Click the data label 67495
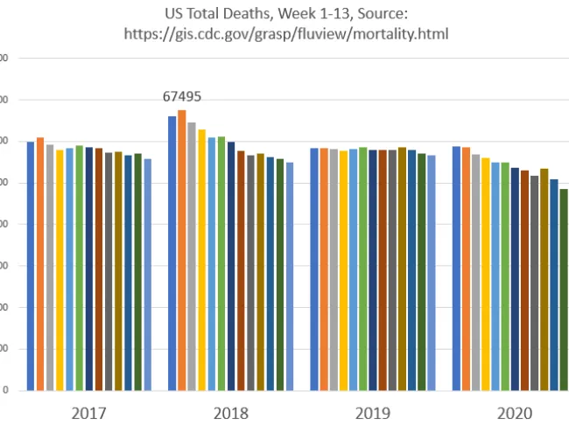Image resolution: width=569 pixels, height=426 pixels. (x=182, y=97)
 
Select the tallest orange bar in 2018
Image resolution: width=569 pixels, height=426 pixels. (x=182, y=249)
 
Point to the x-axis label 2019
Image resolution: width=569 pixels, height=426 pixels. (x=372, y=411)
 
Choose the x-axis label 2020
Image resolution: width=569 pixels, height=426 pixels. (x=513, y=411)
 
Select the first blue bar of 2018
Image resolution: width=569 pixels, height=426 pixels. (x=172, y=253)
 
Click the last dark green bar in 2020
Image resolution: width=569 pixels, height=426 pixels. (x=564, y=290)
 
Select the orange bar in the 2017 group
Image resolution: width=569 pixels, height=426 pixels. (x=40, y=263)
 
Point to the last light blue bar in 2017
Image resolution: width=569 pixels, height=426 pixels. (x=147, y=275)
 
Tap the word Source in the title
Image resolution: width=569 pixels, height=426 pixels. (x=383, y=15)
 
